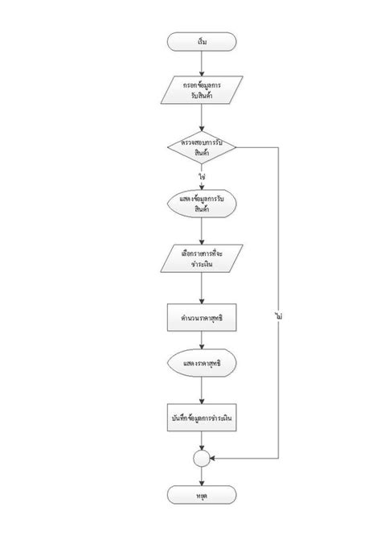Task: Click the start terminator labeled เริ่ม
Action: pos(201,41)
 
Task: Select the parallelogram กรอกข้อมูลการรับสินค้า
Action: pos(201,90)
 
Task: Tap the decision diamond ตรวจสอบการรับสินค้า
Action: pos(201,148)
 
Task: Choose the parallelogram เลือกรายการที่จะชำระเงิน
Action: pos(201,259)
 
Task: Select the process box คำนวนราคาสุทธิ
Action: pos(201,318)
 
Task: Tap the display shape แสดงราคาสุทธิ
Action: pos(201,365)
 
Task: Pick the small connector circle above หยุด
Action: pos(201,458)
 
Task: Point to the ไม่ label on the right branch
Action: pos(277,317)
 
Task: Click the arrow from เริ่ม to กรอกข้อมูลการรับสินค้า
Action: pos(201,63)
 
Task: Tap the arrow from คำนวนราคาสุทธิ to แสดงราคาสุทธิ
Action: pos(201,340)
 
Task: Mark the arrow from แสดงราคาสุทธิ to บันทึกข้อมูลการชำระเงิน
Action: pos(201,391)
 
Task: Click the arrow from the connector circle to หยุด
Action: pos(201,476)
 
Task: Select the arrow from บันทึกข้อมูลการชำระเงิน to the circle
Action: pos(201,442)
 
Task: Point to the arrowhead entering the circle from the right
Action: pos(213,458)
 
